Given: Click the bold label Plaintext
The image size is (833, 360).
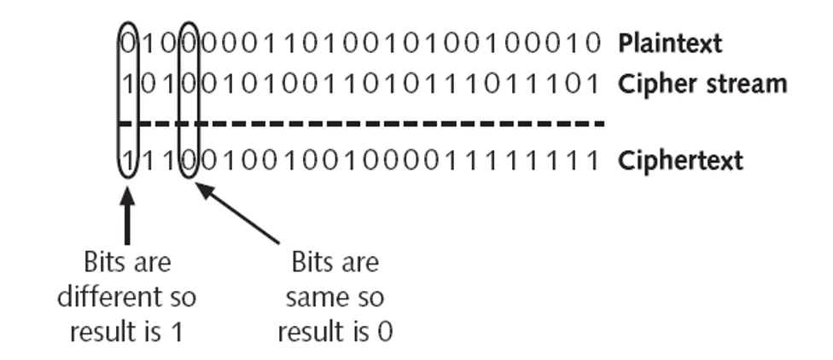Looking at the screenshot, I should coord(670,42).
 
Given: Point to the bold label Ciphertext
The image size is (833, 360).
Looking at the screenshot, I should coord(681,160).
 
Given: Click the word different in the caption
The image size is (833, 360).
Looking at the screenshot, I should coord(104,297).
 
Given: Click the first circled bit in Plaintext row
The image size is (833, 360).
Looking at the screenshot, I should coord(127,42).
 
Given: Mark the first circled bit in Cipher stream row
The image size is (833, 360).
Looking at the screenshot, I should coord(127,84).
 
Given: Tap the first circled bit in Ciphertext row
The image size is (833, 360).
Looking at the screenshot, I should coord(127,160).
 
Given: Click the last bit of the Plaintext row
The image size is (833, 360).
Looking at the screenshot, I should coord(595,42).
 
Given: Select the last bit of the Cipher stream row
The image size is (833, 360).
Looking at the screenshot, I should coord(595,84).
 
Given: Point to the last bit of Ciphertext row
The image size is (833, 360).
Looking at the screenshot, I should coord(595,160).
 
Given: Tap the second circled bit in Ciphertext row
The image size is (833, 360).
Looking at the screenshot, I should coord(189,160).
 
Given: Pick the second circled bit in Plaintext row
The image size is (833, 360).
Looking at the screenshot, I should coord(189,42).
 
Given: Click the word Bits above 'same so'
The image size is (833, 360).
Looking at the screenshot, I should coord(335,261).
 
